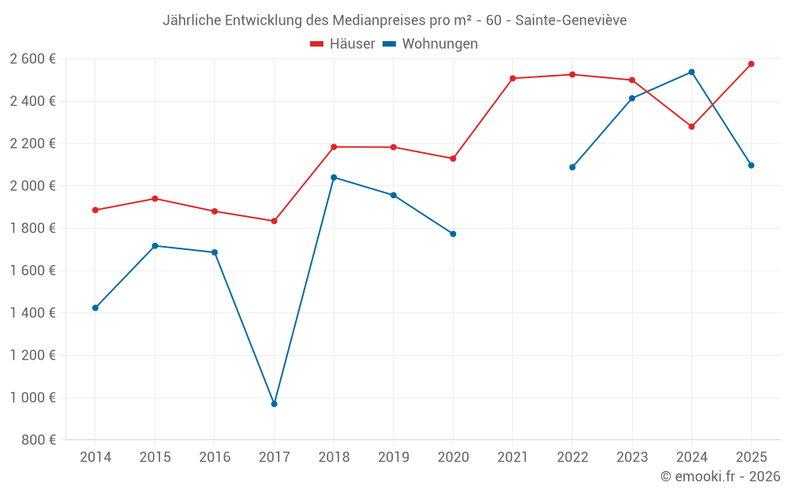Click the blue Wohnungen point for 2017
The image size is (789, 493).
click(x=274, y=404)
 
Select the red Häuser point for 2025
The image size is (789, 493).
click(x=751, y=64)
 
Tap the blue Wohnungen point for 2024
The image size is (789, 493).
click(x=691, y=72)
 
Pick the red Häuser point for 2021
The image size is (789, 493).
click(x=513, y=78)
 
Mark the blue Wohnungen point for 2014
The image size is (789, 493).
click(x=95, y=308)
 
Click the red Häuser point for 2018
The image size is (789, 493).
click(x=334, y=147)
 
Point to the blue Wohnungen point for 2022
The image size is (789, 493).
click(x=572, y=167)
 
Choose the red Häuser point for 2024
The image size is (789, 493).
click(x=691, y=126)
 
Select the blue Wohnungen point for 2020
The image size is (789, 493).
click(x=453, y=233)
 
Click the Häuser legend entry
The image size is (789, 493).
click(x=342, y=44)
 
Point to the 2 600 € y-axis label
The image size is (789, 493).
click(x=32, y=58)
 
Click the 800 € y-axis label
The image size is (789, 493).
click(x=39, y=439)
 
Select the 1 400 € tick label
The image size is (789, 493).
click(x=32, y=312)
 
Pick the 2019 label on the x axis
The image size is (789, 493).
click(x=393, y=457)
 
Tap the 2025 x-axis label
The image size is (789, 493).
click(x=751, y=457)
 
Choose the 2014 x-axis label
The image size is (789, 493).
click(x=95, y=457)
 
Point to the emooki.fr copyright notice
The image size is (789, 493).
click(x=720, y=476)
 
